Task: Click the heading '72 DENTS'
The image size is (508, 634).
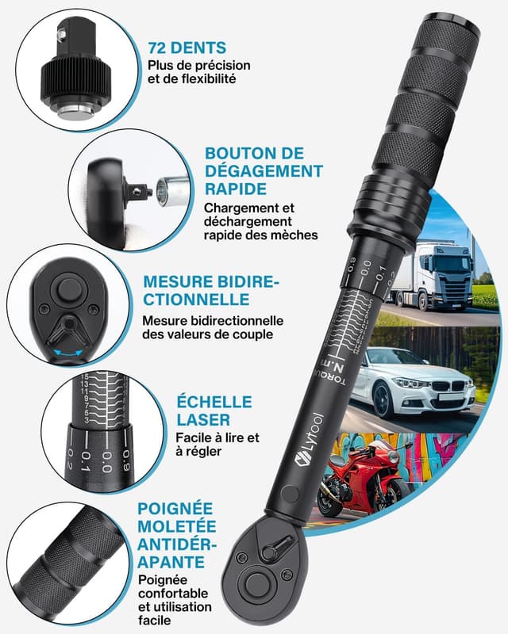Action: pos(187,47)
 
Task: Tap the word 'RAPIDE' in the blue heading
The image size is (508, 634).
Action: pos(235,189)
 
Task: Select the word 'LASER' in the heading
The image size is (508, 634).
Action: pos(204,419)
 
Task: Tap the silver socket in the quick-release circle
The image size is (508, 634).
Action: pos(171,190)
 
